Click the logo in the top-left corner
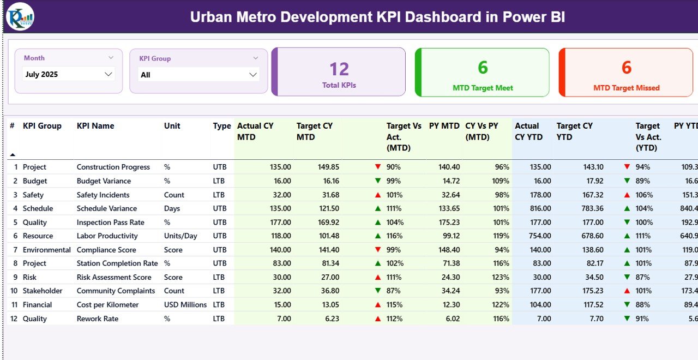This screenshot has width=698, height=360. [20, 16]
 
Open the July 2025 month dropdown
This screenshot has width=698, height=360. [69, 75]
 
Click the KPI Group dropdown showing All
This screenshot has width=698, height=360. [198, 75]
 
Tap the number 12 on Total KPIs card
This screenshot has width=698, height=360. [339, 69]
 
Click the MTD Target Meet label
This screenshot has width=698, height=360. [483, 88]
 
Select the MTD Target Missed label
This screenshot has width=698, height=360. [626, 88]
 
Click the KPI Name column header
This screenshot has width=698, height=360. [95, 126]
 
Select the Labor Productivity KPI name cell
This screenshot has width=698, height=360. [107, 236]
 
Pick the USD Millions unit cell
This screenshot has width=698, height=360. [185, 305]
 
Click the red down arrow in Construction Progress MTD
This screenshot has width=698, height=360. [377, 167]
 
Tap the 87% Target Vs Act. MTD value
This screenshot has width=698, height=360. [394, 291]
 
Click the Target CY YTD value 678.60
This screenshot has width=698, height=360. [592, 236]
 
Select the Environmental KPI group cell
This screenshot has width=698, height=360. [46, 250]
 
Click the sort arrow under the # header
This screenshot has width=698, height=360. [13, 155]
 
